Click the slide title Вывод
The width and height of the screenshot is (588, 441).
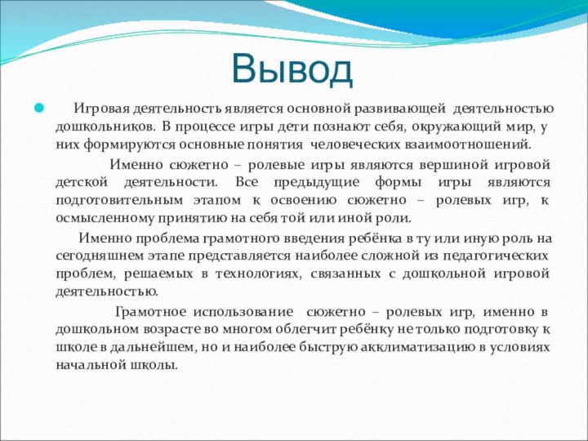(x=292, y=69)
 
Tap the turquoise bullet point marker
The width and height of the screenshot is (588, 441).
(x=38, y=108)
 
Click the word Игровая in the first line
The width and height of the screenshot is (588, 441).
(x=102, y=108)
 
